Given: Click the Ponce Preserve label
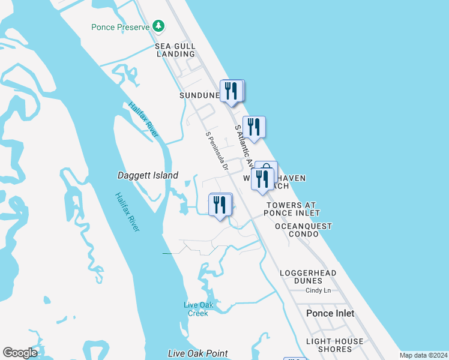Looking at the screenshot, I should click(121, 27).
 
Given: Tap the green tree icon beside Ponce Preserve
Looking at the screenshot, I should click(158, 26).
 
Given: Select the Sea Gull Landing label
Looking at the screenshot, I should click(175, 50).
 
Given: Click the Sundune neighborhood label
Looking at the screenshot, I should click(199, 95).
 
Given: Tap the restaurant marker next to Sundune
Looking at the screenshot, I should click(231, 91).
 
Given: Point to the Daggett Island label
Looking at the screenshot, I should click(148, 175).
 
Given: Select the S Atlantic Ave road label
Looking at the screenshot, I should click(244, 143).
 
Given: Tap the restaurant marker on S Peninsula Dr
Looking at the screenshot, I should click(220, 205).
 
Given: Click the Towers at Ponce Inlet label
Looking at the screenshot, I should click(292, 209).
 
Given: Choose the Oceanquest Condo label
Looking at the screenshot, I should click(303, 230).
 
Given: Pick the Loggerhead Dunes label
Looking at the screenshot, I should click(308, 277).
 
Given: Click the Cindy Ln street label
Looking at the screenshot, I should click(318, 290).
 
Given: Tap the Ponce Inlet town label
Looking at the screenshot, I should click(330, 313).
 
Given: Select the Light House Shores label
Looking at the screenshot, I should click(334, 345).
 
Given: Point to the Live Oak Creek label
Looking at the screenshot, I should click(197, 309).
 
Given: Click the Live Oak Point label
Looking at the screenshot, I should click(197, 353).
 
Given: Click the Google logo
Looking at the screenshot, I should click(20, 353).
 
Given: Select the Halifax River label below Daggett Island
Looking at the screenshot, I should click(128, 212).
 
